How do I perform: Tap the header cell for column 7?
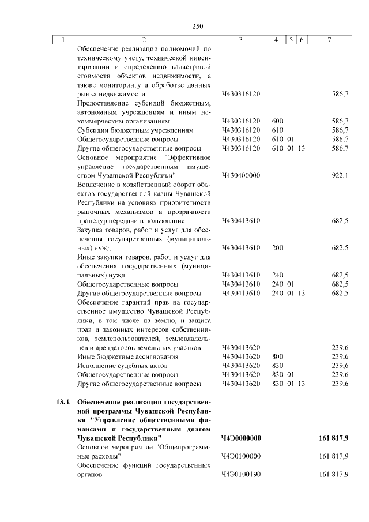click(329, 39)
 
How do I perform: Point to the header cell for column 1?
click(63, 39)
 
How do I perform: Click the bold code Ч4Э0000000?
click(242, 438)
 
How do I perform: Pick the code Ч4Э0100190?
click(242, 475)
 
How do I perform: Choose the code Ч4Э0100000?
click(242, 456)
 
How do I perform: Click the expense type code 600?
click(277, 121)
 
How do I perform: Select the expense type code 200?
click(277, 248)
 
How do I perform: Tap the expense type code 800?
click(277, 356)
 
